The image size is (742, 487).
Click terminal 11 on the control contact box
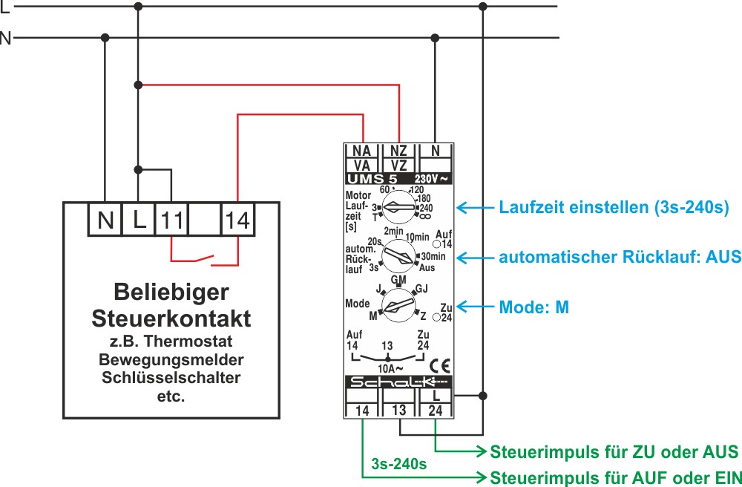click(172, 220)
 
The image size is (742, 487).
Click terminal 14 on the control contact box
click(238, 220)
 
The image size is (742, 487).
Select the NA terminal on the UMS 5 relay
click(362, 151)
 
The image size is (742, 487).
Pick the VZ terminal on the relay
click(398, 165)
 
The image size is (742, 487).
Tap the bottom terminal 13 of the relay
click(399, 410)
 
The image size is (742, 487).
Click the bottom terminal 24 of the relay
click(436, 410)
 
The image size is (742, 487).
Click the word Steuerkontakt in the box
click(171, 318)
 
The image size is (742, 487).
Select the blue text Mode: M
click(533, 307)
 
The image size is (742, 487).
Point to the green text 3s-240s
click(399, 465)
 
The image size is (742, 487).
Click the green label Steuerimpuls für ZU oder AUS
click(614, 451)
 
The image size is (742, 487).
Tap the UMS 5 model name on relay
click(374, 179)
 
